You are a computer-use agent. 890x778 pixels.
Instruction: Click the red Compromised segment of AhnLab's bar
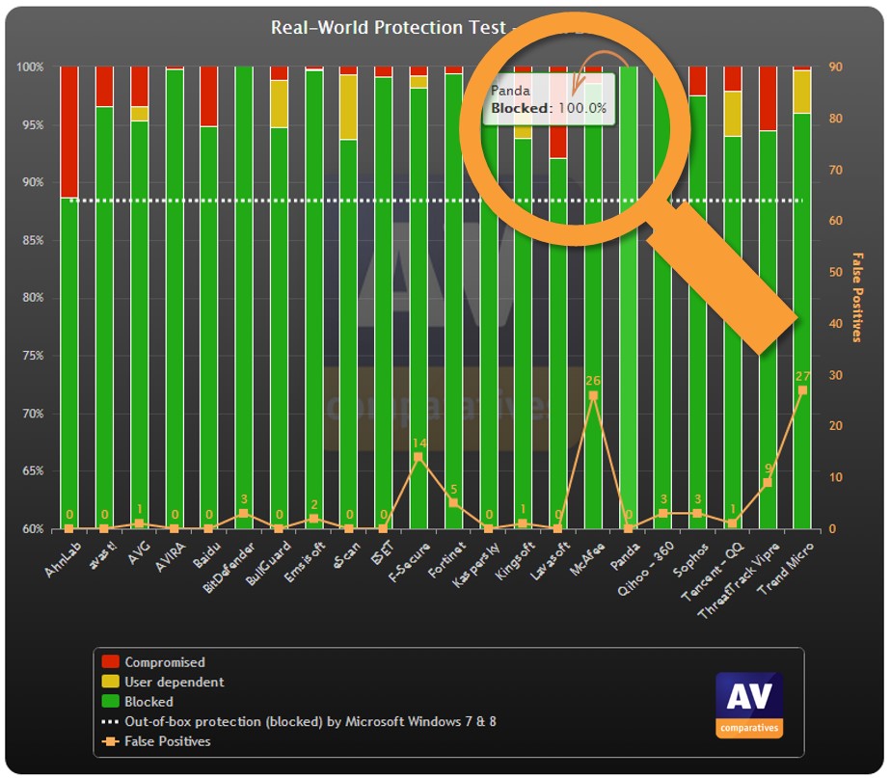pyautogui.click(x=68, y=131)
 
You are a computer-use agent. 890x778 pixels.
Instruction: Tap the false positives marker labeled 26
pyautogui.click(x=593, y=395)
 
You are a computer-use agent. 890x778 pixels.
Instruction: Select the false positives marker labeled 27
pyautogui.click(x=801, y=390)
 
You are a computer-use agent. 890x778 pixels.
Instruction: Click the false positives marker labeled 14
pyautogui.click(x=418, y=457)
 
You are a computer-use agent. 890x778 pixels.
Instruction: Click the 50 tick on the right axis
pyautogui.click(x=837, y=273)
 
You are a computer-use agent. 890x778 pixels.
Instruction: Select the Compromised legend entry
pyautogui.click(x=164, y=662)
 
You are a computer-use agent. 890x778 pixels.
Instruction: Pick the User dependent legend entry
pyautogui.click(x=174, y=682)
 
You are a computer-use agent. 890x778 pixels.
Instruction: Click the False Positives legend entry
pyautogui.click(x=167, y=741)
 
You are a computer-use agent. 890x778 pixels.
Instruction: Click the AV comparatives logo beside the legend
pyautogui.click(x=748, y=705)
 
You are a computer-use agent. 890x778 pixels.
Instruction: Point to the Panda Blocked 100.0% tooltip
pyautogui.click(x=549, y=100)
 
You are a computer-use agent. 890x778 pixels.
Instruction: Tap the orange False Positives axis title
pyautogui.click(x=856, y=298)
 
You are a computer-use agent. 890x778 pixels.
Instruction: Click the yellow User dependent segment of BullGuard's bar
pyautogui.click(x=279, y=103)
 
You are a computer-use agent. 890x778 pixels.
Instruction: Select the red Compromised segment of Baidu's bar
pyautogui.click(x=208, y=96)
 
